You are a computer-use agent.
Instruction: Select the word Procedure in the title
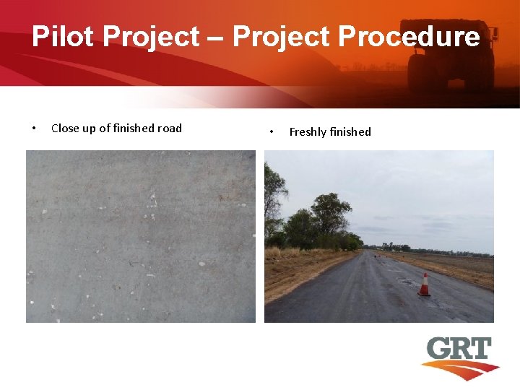(409, 36)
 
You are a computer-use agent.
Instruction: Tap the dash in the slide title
(218, 36)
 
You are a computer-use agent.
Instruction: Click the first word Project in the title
(154, 36)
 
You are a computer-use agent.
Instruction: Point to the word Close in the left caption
(65, 129)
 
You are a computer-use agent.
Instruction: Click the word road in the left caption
(170, 129)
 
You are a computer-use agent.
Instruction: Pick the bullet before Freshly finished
(271, 132)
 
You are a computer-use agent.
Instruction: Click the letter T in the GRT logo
(479, 350)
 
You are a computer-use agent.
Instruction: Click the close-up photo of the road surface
(141, 236)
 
